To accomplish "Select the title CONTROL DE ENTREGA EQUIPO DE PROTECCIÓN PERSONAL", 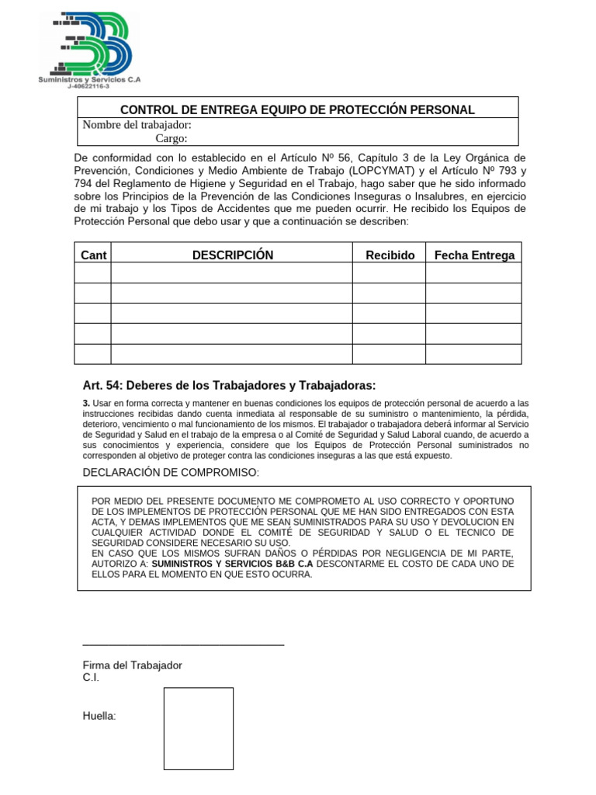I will pos(297,109).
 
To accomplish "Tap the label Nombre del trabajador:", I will pos(137,125).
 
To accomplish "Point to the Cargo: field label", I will pos(172,138).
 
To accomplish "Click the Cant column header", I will pos(93,255).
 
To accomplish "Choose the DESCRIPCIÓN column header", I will pos(233,255).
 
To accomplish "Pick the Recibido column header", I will pos(390,255).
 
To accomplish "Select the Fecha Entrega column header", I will pos(473,255).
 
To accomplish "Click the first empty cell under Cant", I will pos(93,273).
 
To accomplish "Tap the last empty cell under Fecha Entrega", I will pos(473,353).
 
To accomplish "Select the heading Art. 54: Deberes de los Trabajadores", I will pos(229,385).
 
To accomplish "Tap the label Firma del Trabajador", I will pos(133,665).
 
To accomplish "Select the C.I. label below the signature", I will pos(91,678).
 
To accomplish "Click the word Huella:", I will pos(99,716).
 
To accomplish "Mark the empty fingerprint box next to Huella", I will pos(198,728).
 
